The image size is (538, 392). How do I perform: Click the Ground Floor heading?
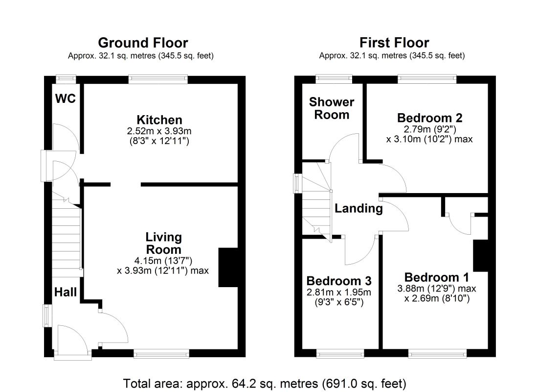tap(143, 43)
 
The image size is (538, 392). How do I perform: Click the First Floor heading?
tap(394, 43)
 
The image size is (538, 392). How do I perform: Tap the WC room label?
tap(65, 98)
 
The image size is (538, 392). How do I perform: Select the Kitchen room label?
tap(159, 120)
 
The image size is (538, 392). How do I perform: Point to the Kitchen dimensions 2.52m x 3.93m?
tap(159, 131)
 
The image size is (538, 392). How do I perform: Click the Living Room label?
tap(163, 244)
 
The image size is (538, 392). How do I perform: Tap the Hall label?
tap(65, 292)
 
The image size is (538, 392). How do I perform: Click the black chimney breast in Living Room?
tap(228, 267)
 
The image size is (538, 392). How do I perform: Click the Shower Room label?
tap(332, 108)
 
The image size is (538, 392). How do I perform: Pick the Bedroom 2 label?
tap(429, 118)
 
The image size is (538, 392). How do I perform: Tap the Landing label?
tap(359, 209)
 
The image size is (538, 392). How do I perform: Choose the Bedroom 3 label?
tap(338, 281)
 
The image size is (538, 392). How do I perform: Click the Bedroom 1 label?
tap(437, 276)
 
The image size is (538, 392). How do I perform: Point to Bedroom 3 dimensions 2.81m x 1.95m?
tap(338, 293)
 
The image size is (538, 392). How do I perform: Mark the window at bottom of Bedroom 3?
tap(340, 353)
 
